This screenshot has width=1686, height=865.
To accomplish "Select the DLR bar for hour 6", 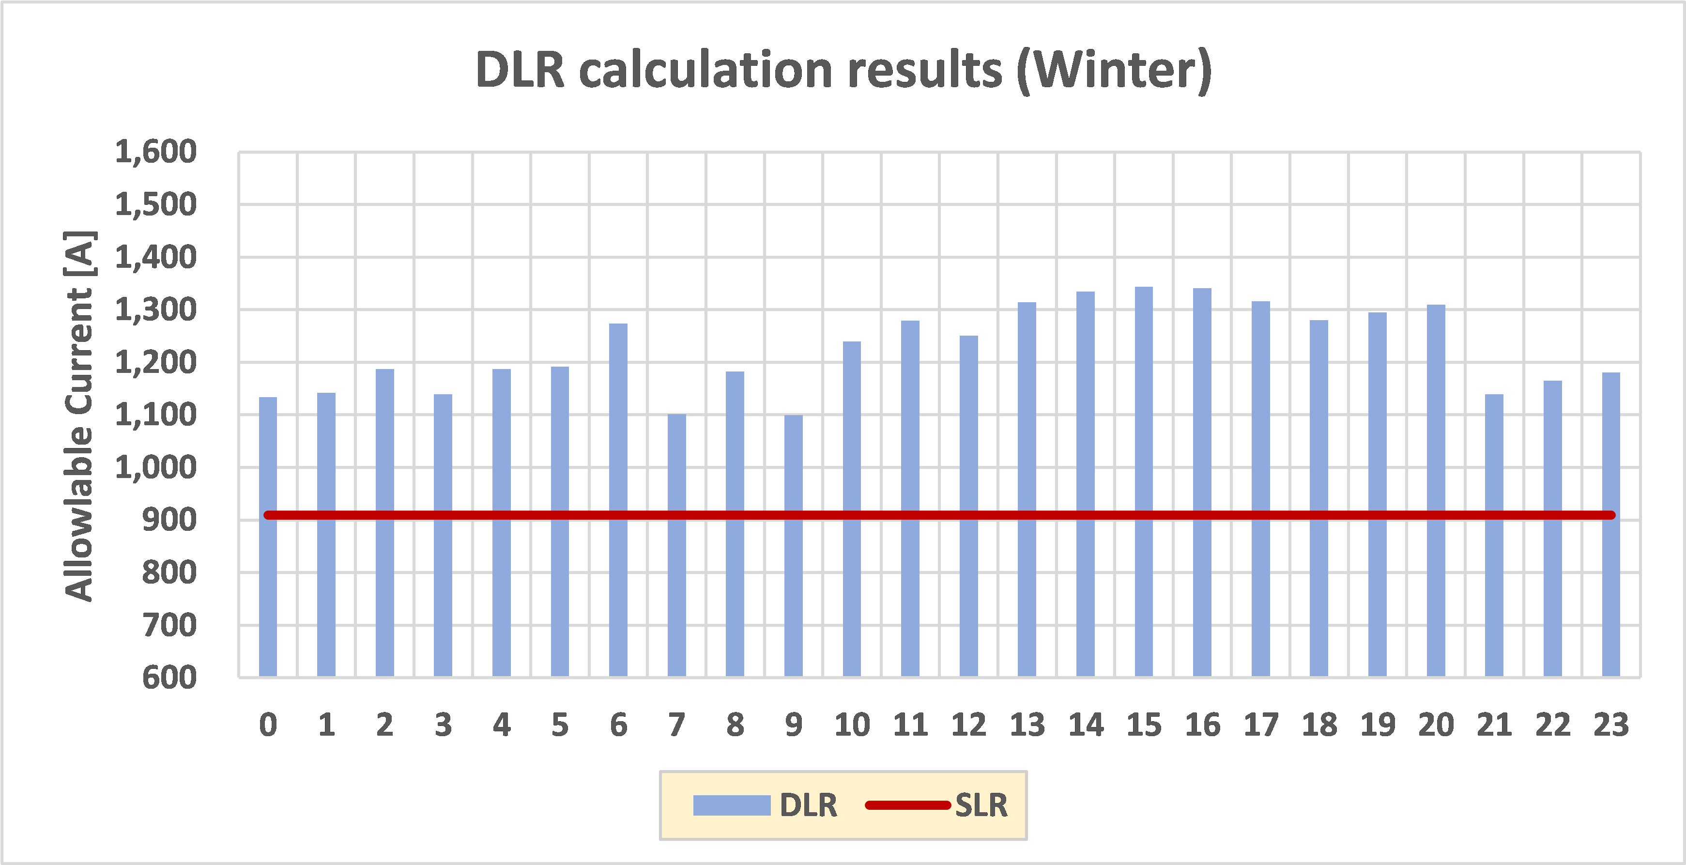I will pos(618,500).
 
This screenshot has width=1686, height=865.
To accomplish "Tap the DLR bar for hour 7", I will pos(677,545).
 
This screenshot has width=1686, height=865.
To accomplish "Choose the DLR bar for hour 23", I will pos(1611,524).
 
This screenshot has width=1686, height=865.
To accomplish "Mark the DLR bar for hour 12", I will pos(969,506).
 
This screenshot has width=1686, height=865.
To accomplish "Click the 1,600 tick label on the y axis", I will pos(156,152).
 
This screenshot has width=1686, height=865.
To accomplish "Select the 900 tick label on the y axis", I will pos(169,520).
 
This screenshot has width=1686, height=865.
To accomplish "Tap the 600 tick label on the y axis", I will pos(169,678).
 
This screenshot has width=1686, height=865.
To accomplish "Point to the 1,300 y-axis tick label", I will pos(156,309).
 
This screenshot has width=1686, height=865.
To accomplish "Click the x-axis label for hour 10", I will pos(852,725).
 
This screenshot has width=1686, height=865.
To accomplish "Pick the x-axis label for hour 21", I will pos(1494,725).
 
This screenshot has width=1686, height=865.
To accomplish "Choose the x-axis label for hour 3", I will pos(443,725).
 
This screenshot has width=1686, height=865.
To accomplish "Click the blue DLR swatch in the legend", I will pos(731,805).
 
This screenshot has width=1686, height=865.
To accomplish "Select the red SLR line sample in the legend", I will pos(907,805).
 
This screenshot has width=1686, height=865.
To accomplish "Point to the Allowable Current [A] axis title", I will pos(79,416).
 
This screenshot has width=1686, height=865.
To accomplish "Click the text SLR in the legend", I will pos(981,805).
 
